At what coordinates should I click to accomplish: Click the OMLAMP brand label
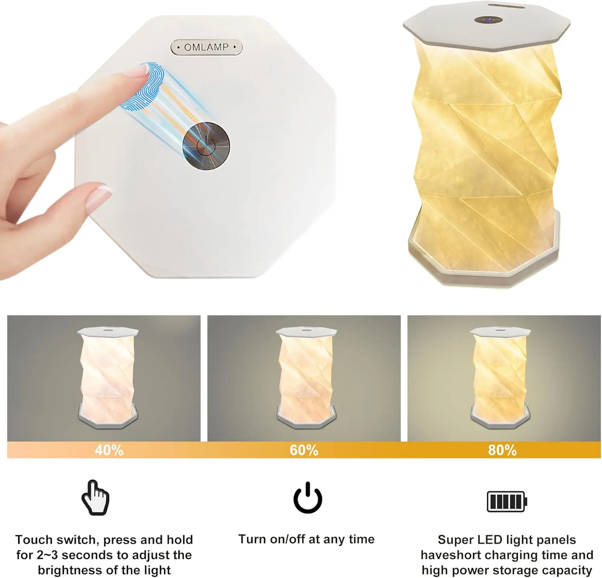206,47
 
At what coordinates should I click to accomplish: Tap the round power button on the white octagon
206,145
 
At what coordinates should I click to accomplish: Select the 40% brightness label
109,450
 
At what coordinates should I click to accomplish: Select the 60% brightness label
304,450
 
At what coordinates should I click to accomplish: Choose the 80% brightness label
502,450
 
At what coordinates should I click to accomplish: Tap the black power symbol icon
308,498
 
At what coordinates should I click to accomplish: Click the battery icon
506,501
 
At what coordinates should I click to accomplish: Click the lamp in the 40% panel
108,377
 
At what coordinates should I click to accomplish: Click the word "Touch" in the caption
34,539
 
